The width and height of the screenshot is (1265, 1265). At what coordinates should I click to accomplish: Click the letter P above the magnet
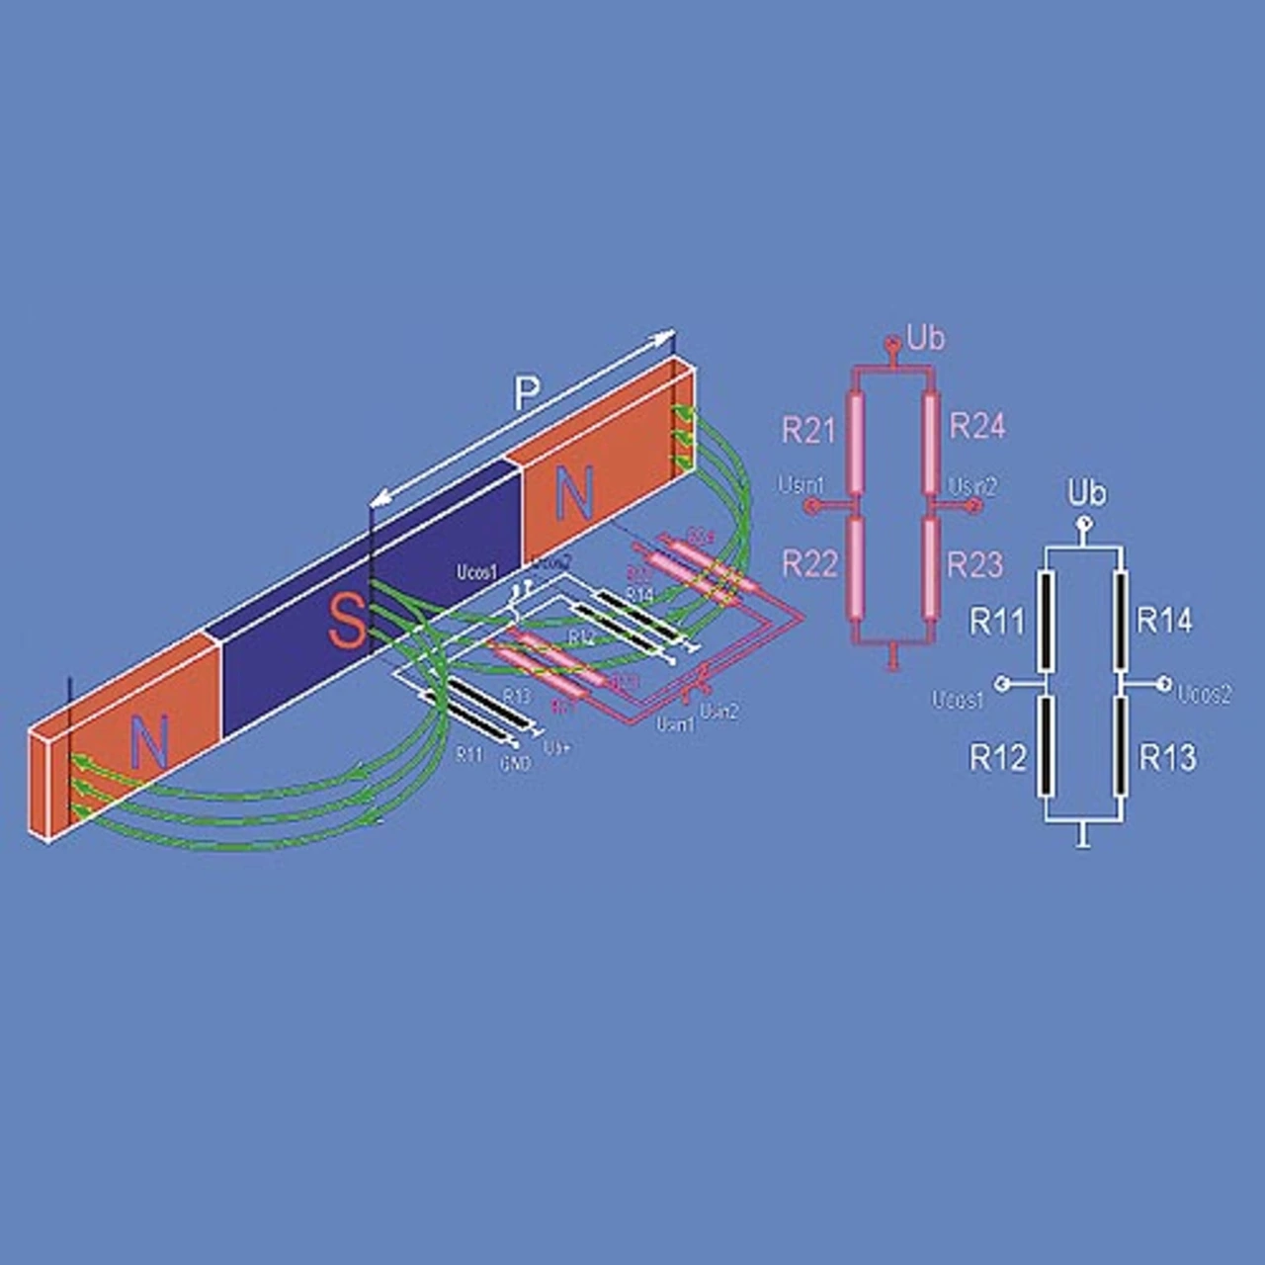click(527, 394)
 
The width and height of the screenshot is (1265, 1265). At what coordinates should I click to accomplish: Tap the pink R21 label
click(808, 430)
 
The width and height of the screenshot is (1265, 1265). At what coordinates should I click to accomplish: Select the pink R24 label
click(976, 426)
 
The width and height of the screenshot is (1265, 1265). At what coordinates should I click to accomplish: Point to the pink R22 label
click(809, 563)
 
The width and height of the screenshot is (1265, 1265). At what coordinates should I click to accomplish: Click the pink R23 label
click(974, 564)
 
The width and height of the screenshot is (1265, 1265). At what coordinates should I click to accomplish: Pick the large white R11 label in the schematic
click(997, 622)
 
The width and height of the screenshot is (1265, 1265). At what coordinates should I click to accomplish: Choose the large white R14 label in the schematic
click(1164, 621)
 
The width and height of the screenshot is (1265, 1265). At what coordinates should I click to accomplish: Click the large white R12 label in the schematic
click(997, 758)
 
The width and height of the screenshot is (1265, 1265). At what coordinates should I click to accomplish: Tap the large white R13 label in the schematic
click(1167, 758)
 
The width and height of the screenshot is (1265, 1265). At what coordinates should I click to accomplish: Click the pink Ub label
click(925, 339)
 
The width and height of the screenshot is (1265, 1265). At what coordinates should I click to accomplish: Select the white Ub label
click(1087, 493)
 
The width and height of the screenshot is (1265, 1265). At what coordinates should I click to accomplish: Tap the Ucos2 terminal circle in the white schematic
click(1164, 682)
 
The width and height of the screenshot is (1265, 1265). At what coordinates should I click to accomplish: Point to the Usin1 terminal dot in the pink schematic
click(810, 506)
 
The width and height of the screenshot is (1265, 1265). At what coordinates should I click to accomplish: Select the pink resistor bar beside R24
click(930, 442)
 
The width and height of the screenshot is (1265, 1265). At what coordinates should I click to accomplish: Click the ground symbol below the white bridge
click(1084, 841)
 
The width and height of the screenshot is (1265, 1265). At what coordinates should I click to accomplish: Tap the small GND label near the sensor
click(515, 763)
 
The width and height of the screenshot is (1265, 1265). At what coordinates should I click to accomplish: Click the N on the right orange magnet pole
click(573, 494)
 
